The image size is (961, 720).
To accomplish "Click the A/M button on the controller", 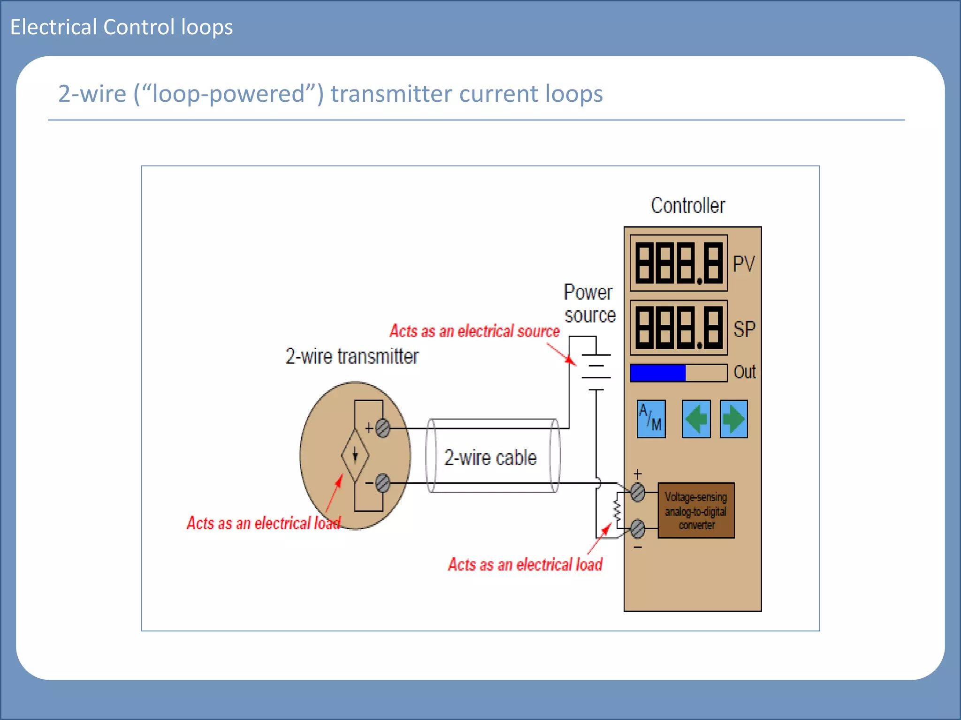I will [x=651, y=419].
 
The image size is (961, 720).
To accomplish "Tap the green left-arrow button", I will [x=696, y=419].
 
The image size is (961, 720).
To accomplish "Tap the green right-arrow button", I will [x=733, y=419].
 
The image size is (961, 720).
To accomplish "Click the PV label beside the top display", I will [x=744, y=264].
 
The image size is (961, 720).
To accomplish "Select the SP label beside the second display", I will [x=744, y=329].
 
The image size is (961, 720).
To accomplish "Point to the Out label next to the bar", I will [x=745, y=372].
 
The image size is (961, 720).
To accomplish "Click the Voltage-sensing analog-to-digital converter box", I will [x=696, y=510].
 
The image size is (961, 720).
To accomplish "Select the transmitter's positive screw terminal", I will [x=383, y=428].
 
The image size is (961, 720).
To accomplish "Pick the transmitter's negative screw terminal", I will [x=383, y=483].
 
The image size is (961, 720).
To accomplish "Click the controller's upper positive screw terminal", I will [x=638, y=493].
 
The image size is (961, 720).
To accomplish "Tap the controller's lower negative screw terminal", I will [x=638, y=529].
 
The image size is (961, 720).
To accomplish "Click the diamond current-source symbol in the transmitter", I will [x=355, y=455].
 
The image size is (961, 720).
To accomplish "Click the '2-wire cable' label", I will [x=490, y=457].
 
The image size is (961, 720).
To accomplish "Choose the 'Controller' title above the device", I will [x=688, y=205].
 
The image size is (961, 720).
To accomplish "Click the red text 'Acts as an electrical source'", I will [x=474, y=331].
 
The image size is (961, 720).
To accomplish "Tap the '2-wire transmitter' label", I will [x=352, y=356].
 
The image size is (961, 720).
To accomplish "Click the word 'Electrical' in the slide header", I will [x=53, y=27].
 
